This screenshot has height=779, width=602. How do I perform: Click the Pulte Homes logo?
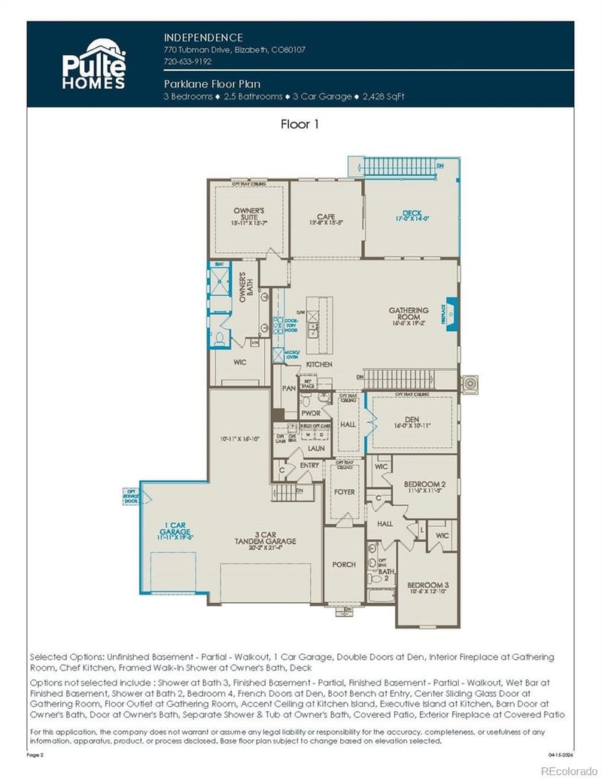(x=93, y=65)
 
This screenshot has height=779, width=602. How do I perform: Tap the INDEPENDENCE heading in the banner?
(x=203, y=37)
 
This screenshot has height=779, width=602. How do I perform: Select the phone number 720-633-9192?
(x=187, y=62)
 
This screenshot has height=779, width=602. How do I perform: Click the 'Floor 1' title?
(x=299, y=124)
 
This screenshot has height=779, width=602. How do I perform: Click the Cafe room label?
(x=325, y=219)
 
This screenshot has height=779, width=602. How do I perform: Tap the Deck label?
(x=412, y=215)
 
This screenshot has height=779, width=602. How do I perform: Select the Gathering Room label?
(x=409, y=315)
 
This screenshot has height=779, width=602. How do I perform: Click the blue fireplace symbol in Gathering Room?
(x=452, y=309)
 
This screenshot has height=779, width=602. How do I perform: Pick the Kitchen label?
(x=318, y=364)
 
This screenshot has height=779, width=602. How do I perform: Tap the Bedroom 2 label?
(x=425, y=485)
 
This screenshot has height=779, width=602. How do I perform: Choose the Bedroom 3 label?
(x=427, y=588)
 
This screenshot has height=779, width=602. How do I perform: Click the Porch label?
(x=344, y=564)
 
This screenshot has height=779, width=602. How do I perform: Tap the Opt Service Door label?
(x=130, y=497)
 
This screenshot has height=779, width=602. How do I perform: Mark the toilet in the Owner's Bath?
(x=219, y=339)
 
